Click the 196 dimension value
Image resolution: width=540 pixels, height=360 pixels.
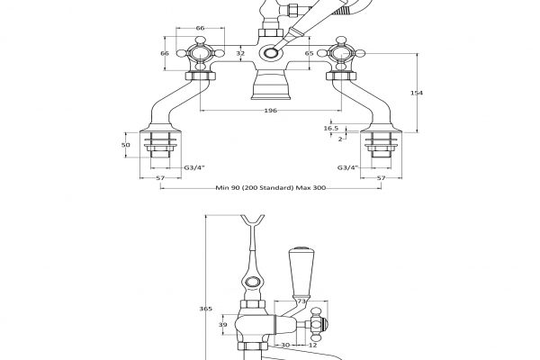[x=270, y=111]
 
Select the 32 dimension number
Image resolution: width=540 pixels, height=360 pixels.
[x=238, y=54]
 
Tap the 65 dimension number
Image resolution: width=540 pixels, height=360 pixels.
[x=309, y=55]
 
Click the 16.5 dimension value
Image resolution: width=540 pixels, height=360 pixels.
[x=332, y=129]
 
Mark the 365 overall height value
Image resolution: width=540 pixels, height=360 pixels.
[x=205, y=309]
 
